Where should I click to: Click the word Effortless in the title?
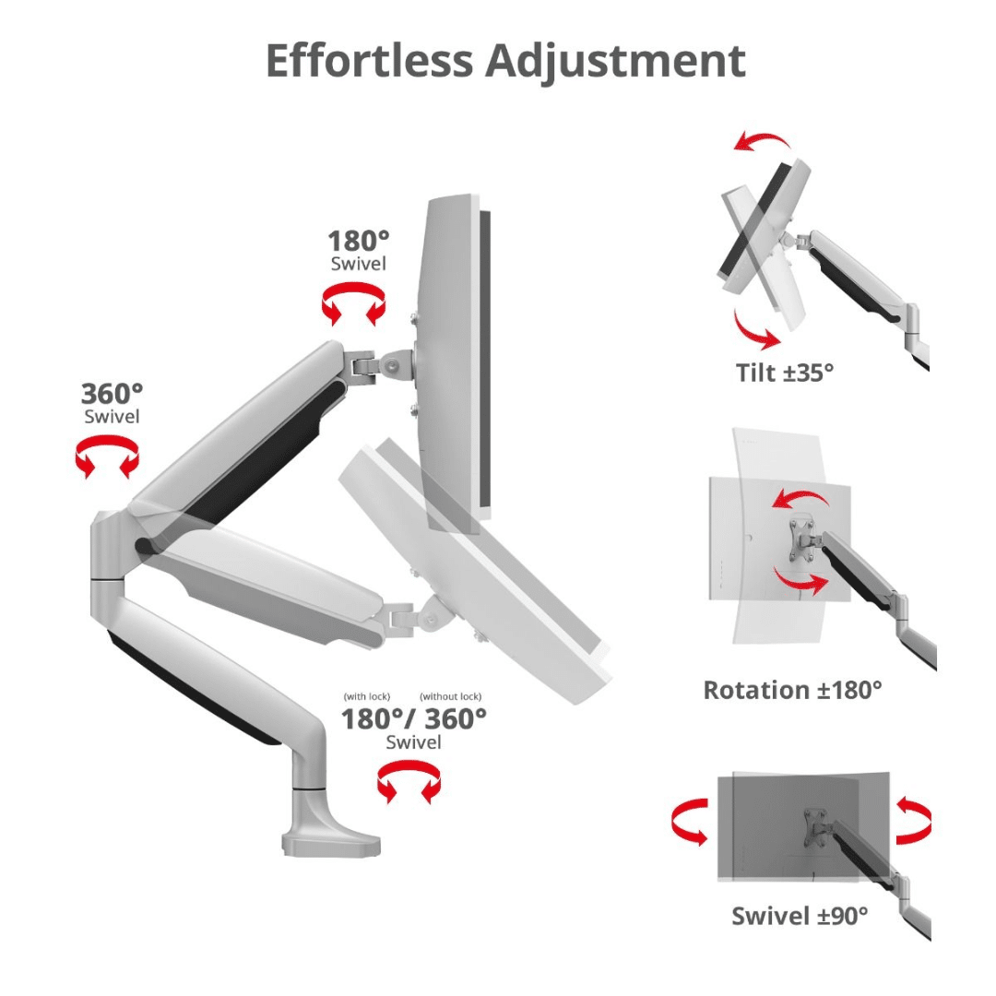[x=370, y=61]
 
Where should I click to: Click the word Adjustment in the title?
[x=615, y=63]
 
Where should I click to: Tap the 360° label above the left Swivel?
[x=112, y=394]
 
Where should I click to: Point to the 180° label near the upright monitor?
[x=358, y=242]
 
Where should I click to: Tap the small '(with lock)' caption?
[x=367, y=697]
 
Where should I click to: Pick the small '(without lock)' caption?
[x=450, y=697]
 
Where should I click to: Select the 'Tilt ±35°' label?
[x=785, y=373]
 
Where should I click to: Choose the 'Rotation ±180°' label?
[x=793, y=690]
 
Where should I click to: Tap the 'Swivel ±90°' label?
[x=800, y=916]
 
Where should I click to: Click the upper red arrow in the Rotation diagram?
[x=800, y=497]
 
